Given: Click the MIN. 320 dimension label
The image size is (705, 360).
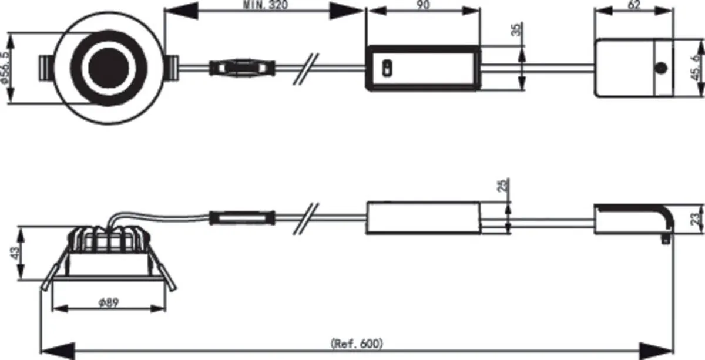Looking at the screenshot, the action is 266,5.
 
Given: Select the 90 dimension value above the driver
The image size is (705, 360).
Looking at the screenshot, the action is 423,5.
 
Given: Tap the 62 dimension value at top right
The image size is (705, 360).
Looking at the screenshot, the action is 634,5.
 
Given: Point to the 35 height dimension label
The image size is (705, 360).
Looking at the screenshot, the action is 516,30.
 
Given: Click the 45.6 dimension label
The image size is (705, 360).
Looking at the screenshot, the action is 697,67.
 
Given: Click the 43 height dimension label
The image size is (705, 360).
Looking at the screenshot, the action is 15,253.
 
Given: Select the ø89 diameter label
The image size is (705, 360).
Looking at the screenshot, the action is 109,302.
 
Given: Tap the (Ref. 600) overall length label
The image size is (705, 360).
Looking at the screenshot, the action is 357,344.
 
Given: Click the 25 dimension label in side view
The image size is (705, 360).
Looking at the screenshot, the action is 503,186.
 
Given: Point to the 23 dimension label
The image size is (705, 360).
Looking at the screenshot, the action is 696,218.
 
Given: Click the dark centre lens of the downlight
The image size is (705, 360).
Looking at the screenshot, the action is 109,68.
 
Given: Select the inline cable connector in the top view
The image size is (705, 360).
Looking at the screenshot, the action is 241,68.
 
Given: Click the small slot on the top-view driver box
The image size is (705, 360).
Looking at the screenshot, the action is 387,68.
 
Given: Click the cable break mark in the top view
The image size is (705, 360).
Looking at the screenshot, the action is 306,69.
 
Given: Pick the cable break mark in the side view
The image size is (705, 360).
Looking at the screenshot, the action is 306,218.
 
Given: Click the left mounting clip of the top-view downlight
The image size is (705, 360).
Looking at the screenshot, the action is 46,68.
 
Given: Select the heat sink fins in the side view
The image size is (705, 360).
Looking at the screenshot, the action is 109,239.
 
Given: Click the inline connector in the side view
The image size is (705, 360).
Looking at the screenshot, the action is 241,218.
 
